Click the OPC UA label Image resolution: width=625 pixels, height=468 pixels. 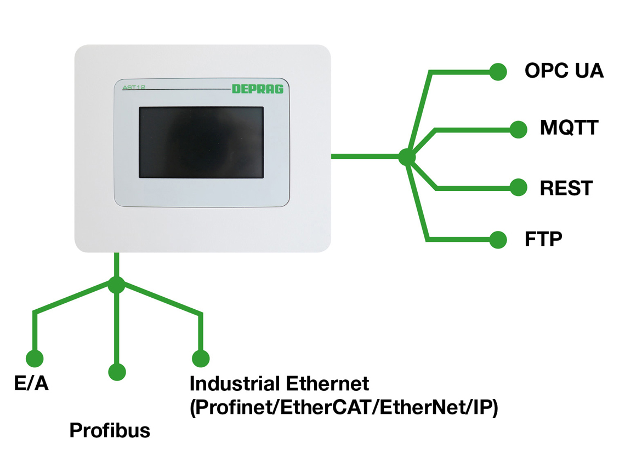pos(564,71)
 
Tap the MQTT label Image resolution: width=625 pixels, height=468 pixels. pos(569,129)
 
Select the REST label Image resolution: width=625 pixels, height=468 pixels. pos(566,188)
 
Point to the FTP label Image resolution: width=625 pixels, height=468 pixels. pos(543,240)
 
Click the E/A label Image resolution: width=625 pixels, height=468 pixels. pos(31,384)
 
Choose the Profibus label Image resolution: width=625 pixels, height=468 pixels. pos(110,431)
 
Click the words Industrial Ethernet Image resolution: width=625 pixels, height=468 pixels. pos(279,384)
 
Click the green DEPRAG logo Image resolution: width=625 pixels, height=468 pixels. pos(258,89)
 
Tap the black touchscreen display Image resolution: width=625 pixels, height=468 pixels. pos(201,142)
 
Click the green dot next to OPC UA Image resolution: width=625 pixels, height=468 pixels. pos(498,72)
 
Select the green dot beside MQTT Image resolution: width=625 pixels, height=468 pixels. pos(518,129)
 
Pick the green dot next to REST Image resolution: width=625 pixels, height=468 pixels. pos(518,188)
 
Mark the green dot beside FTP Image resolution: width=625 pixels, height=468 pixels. pos(498,240)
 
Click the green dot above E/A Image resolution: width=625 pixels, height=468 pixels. pos(35,359)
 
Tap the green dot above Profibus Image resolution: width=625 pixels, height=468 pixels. pos(117,372)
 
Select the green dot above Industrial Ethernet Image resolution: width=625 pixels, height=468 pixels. pos(201,359)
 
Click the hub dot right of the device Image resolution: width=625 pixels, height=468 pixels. pos(406,157)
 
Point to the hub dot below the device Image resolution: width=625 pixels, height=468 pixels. pos(116,285)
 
